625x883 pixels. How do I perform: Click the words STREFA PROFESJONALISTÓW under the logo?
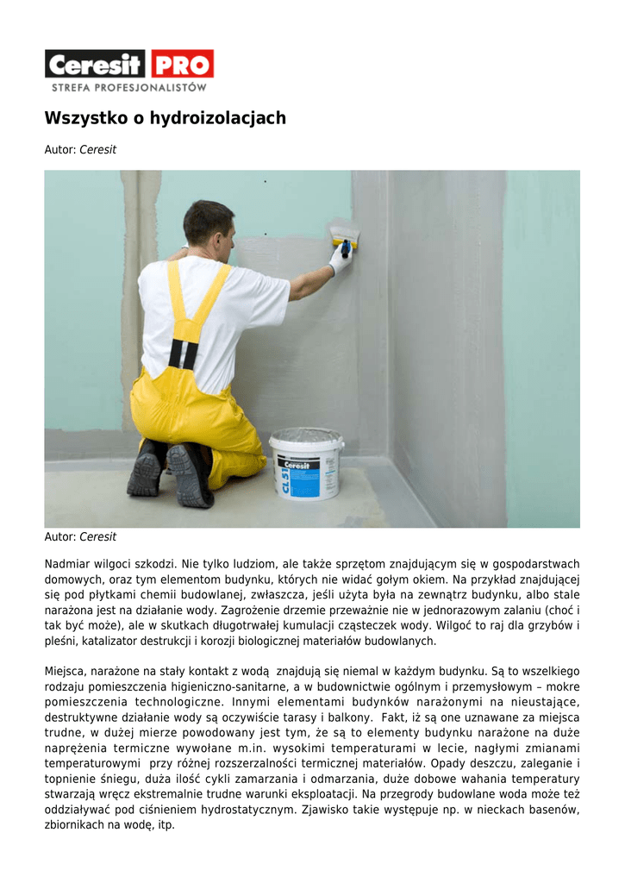coord(129,87)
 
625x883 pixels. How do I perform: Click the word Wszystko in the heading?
coord(85,118)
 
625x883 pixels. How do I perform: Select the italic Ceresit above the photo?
coord(97,150)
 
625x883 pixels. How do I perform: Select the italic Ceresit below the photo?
coord(97,537)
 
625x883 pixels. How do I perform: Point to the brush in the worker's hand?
coord(344,235)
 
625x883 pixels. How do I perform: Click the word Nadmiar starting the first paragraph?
coord(66,563)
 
